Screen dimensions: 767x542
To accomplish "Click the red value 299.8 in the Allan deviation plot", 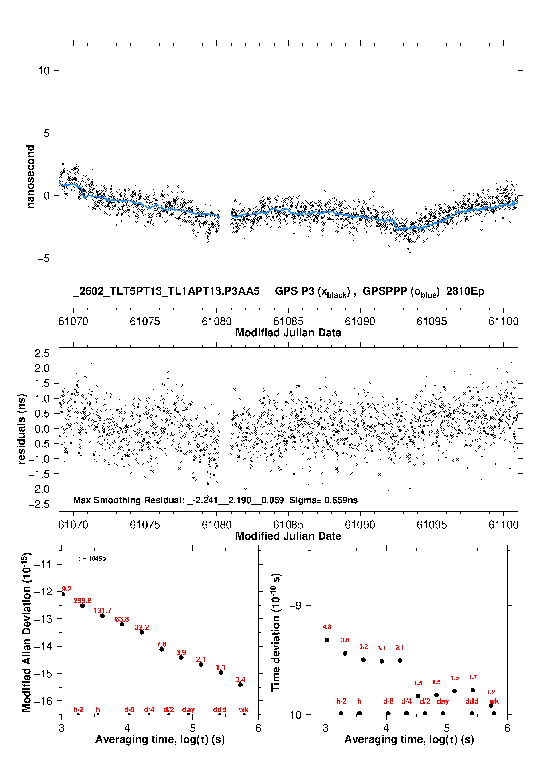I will (83, 600).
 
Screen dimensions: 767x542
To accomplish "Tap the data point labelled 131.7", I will (102, 615).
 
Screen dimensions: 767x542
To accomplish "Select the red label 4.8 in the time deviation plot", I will (327, 627).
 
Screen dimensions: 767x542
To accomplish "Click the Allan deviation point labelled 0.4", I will (240, 685).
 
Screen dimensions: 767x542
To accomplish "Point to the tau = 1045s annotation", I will (92, 559).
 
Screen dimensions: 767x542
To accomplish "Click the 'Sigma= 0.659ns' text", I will (323, 500).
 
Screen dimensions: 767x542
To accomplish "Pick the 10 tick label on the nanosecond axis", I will (44, 71).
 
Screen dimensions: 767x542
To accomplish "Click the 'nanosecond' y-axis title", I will (31, 177).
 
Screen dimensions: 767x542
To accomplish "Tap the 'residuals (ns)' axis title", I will (22, 429).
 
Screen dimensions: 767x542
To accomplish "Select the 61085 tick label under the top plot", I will (288, 321).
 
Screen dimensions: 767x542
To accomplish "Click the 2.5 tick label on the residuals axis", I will (42, 353).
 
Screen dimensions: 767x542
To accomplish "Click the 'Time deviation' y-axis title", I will (276, 632).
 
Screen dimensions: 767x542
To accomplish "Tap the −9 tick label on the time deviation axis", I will (295, 605).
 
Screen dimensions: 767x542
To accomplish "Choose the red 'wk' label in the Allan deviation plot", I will (244, 709).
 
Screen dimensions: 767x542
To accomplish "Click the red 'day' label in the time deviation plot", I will (443, 701).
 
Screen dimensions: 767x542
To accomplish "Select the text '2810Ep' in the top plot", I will (465, 291).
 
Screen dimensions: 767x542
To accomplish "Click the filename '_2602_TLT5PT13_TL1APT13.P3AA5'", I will (166, 291).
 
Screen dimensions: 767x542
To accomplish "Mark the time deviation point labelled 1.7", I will (473, 690).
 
